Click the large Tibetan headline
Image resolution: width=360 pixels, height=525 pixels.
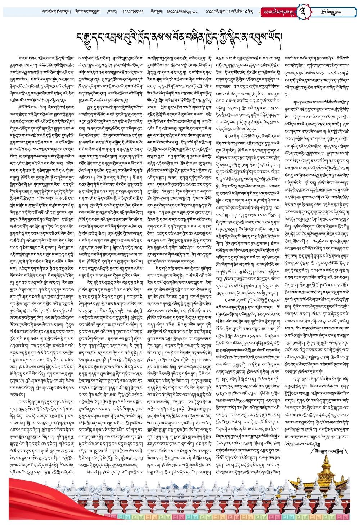coord(180,36)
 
